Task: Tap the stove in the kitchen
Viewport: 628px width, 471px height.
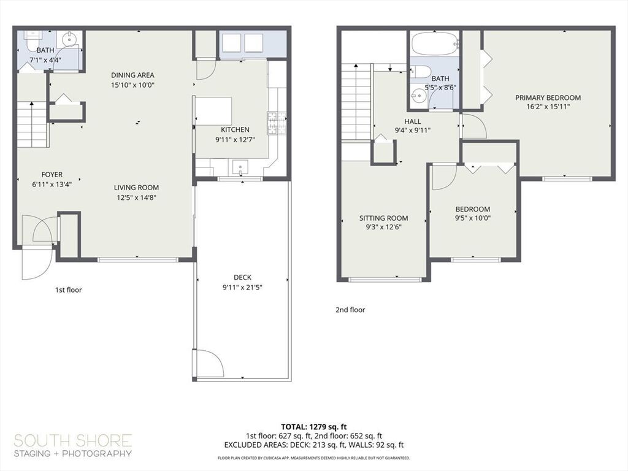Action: tap(277, 123)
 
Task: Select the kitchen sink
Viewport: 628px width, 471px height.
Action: tap(240, 167)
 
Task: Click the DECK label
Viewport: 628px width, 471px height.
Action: tap(243, 277)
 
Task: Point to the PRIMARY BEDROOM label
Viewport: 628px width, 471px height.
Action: tap(548, 98)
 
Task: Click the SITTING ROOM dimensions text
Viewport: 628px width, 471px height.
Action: tap(384, 227)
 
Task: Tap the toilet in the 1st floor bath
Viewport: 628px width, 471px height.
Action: tap(32, 40)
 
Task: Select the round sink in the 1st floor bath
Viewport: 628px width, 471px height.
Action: tap(70, 39)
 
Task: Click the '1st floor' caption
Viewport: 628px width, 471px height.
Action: tap(69, 290)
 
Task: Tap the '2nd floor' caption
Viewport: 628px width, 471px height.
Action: tap(350, 310)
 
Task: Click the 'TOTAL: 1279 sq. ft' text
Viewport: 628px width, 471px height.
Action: tap(313, 427)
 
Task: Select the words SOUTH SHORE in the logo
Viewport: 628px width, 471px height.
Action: tap(73, 441)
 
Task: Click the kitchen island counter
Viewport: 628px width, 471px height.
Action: tap(213, 110)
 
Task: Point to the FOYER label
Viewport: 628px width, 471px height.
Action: tap(52, 175)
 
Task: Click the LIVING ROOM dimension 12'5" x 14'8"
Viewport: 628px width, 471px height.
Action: tap(136, 197)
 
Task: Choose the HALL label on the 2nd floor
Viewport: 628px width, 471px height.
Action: tap(413, 121)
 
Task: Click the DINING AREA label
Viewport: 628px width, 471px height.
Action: tap(132, 75)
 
